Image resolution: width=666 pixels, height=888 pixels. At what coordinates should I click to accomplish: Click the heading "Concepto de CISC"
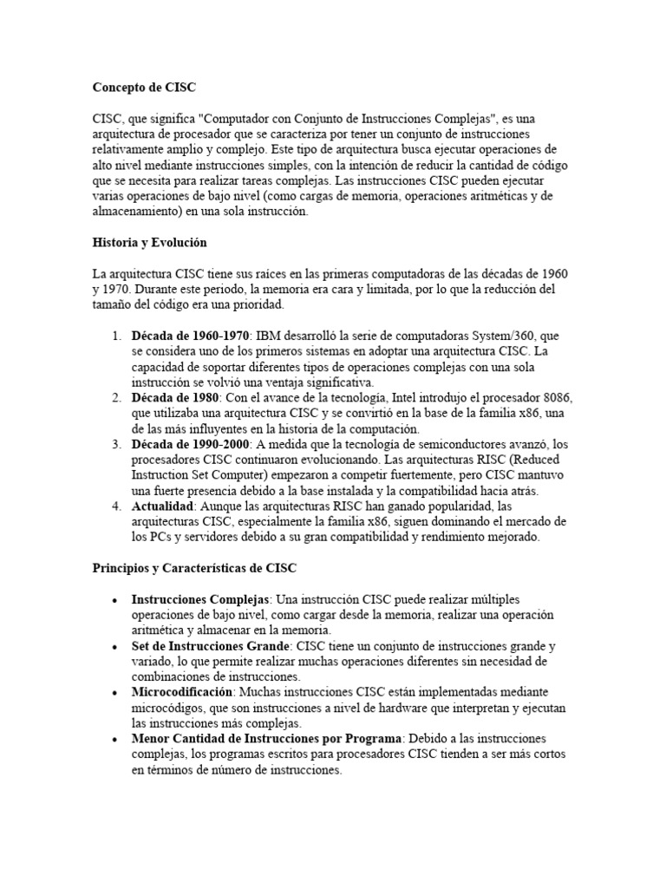point(144,88)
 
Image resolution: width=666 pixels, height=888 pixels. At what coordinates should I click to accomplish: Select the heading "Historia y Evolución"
point(149,243)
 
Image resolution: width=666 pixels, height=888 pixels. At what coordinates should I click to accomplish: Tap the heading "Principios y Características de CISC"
point(194,569)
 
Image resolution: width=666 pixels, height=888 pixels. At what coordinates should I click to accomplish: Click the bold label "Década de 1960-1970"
point(191,336)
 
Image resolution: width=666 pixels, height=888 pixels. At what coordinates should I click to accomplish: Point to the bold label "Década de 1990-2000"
point(191,445)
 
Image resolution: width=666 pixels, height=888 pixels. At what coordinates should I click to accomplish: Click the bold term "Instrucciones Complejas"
point(201,600)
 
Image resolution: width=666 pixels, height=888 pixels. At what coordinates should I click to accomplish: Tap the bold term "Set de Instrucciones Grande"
point(211,647)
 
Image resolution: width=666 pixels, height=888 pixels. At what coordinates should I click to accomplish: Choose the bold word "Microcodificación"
point(182,692)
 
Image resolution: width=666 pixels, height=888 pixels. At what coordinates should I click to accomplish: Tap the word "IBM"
point(271,336)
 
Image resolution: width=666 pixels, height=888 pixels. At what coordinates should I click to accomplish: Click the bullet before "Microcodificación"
point(115,693)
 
